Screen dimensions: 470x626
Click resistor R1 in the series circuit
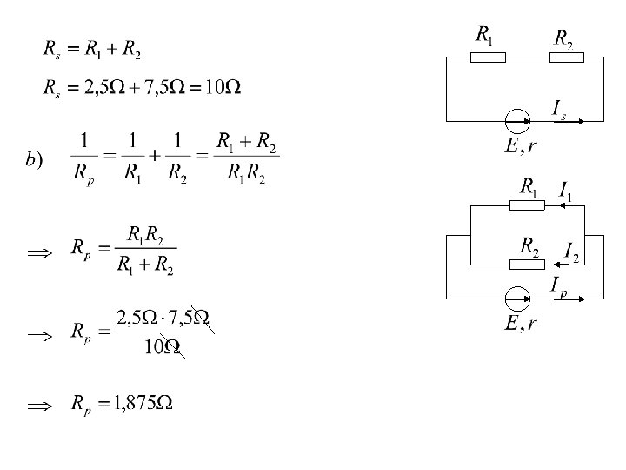point(489,57)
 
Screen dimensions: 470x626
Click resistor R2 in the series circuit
point(567,57)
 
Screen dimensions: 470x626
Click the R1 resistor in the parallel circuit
point(528,205)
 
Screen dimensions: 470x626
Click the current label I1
point(565,190)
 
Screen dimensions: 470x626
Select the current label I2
point(571,252)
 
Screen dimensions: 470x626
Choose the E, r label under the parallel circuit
point(520,324)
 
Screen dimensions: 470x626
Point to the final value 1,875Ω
point(146,404)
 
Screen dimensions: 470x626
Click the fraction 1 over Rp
point(83,158)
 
